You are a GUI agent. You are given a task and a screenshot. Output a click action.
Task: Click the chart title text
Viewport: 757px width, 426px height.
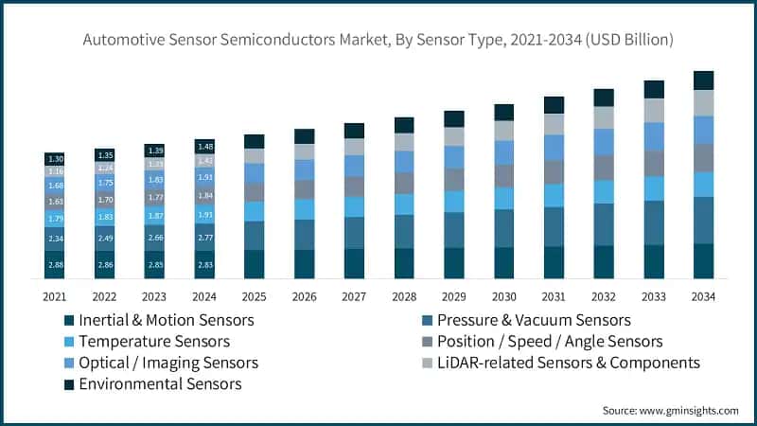378,40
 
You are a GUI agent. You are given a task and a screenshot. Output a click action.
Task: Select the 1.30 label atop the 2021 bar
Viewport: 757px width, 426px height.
55,159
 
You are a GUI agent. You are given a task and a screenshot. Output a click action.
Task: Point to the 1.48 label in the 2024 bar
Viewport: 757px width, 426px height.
205,146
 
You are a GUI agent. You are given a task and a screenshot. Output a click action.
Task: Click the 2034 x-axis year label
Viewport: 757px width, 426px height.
703,297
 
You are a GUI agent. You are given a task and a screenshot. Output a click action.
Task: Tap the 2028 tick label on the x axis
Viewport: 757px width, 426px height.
404,297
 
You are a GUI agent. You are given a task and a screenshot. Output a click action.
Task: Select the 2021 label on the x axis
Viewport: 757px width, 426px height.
55,297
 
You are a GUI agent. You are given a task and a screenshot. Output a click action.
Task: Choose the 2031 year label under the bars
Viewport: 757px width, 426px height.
554,297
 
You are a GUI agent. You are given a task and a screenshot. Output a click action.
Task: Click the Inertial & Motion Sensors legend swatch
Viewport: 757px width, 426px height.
67,320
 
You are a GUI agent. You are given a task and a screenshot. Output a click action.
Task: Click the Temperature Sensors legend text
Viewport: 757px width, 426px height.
154,341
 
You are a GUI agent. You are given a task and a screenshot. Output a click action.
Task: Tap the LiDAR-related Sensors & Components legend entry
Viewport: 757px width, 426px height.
569,363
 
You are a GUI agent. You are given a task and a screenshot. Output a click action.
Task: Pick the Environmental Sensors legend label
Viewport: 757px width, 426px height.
161,383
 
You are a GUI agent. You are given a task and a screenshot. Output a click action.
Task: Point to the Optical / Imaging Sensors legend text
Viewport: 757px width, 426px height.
168,363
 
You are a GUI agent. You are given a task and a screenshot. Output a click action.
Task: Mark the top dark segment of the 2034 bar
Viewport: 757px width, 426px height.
703,80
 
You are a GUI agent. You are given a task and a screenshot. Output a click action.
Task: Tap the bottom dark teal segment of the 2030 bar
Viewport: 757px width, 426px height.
503,262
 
